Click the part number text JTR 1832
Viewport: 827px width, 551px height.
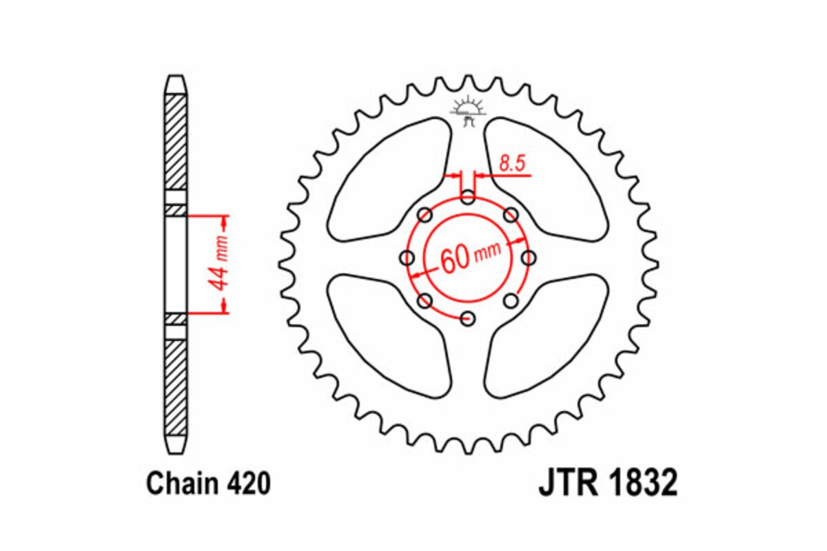click(607, 483)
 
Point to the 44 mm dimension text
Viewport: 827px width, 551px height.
click(221, 264)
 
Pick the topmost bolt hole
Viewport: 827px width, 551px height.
click(468, 198)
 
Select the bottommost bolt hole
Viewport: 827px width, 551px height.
click(468, 318)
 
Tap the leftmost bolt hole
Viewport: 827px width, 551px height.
click(407, 258)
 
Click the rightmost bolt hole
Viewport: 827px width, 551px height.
click(529, 258)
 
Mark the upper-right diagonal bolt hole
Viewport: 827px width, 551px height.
click(511, 216)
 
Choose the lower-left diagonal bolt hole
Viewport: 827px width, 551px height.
click(425, 300)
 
